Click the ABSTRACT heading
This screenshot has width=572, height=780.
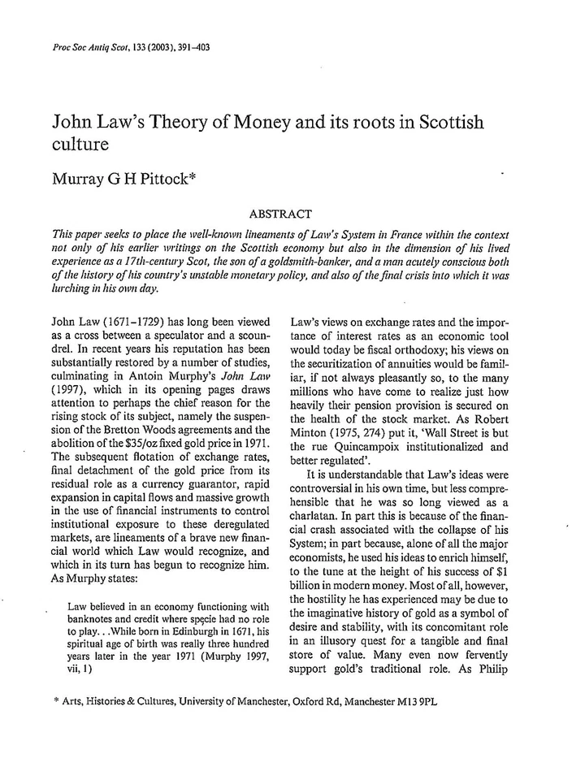[280, 214]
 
